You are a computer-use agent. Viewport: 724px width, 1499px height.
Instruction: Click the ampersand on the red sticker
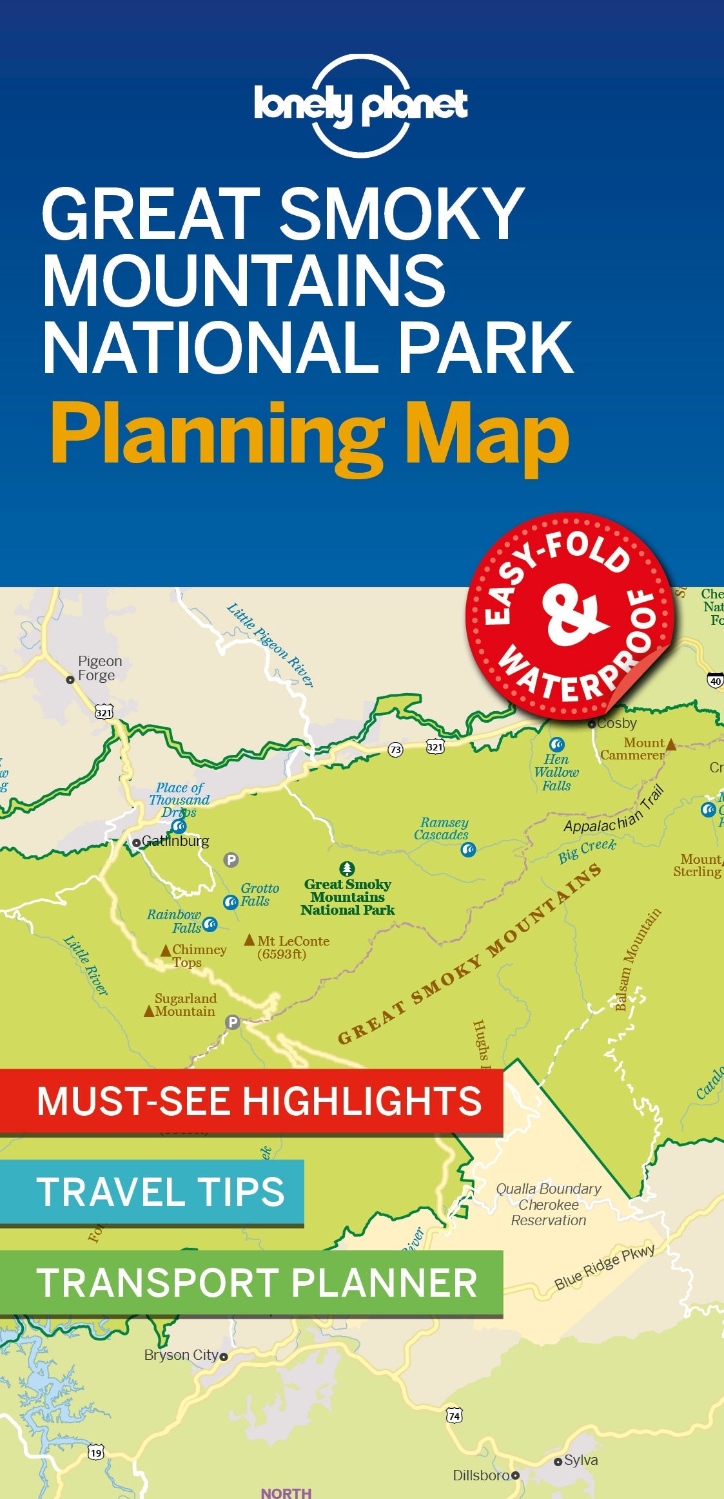(573, 615)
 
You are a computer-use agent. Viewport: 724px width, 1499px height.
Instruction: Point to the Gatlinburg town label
(175, 841)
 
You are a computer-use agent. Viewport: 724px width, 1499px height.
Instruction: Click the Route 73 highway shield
(395, 749)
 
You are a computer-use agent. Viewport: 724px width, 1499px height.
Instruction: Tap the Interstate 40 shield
(715, 681)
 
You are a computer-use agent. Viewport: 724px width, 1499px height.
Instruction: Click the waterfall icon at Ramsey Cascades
(469, 850)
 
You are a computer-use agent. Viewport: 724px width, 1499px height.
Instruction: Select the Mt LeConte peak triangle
(249, 940)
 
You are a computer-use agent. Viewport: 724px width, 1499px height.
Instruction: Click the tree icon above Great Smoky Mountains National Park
(347, 869)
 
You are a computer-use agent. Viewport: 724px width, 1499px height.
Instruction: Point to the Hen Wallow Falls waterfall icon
(557, 745)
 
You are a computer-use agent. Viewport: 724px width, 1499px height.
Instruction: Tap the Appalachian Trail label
(614, 812)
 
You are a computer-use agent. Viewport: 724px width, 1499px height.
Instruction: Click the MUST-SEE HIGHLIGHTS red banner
(251, 1101)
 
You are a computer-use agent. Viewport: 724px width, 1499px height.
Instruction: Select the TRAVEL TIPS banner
(152, 1192)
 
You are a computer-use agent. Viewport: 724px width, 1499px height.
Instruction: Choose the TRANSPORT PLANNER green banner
(251, 1283)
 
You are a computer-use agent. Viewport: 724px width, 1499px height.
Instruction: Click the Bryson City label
(182, 1355)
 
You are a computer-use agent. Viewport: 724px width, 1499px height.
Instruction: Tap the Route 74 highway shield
(455, 1415)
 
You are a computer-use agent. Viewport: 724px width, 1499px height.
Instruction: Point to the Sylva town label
(580, 1460)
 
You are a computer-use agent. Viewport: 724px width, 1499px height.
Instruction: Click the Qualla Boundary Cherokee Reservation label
(549, 1204)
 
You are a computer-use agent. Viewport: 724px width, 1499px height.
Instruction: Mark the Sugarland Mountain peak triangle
(149, 1011)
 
